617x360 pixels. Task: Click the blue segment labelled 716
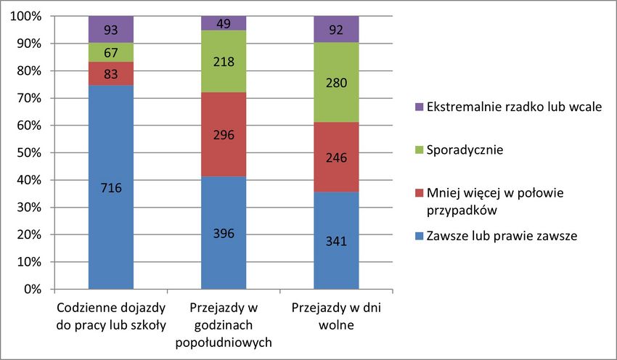pos(111,187)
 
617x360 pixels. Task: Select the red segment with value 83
pos(111,73)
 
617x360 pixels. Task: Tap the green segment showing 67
pos(111,52)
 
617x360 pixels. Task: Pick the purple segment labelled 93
pos(111,30)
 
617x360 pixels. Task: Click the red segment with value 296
pos(224,134)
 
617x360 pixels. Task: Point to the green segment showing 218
pos(224,62)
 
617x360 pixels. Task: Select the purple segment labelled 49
pos(224,23)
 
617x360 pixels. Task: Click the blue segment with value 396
pos(224,233)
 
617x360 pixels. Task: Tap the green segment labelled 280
pos(336,83)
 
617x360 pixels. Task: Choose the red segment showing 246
pos(336,157)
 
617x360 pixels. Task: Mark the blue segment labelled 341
pos(336,240)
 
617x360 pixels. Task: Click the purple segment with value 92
pos(336,30)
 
